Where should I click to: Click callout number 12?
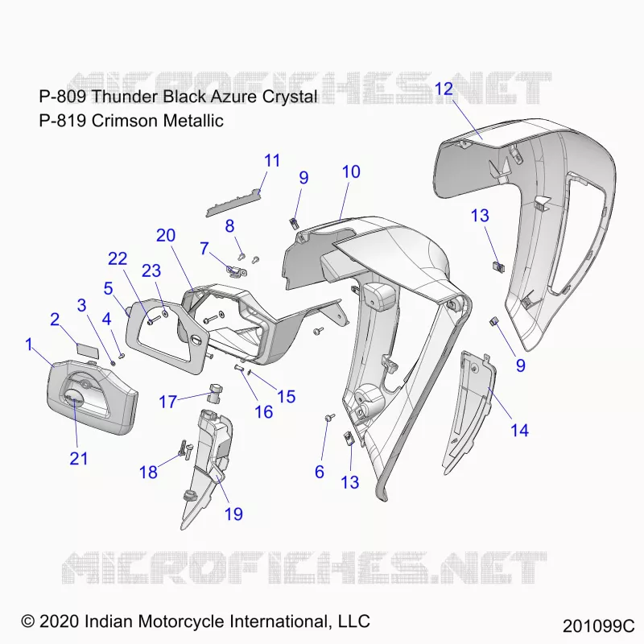point(444,89)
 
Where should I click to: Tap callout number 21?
point(78,458)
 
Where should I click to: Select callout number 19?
point(233,514)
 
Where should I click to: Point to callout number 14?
point(519,430)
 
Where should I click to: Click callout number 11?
point(272,160)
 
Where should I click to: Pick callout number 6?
point(320,472)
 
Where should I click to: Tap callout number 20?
point(166,235)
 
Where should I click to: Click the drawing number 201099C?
point(598,626)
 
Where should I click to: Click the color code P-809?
point(63,97)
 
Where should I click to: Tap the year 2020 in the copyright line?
point(59,621)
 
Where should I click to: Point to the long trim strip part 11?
point(233,204)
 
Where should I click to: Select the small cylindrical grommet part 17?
point(216,393)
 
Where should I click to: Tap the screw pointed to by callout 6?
point(330,418)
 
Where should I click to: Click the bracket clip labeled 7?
point(236,271)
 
